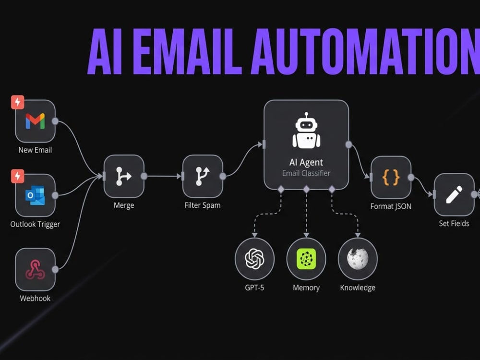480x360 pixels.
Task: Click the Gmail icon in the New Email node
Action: pyautogui.click(x=35, y=121)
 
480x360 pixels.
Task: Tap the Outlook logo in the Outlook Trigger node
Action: pyautogui.click(x=35, y=195)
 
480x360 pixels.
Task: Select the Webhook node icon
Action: pyautogui.click(x=35, y=270)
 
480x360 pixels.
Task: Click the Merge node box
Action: pyautogui.click(x=124, y=176)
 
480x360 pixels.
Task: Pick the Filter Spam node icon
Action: pyautogui.click(x=203, y=176)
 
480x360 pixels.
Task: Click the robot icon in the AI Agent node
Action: pyautogui.click(x=306, y=131)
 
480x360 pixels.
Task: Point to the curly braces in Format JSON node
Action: pyautogui.click(x=391, y=177)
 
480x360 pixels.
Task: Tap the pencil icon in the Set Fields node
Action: pyautogui.click(x=454, y=195)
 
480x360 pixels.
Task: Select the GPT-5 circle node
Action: pyautogui.click(x=255, y=259)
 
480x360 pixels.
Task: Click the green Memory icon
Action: pyautogui.click(x=306, y=259)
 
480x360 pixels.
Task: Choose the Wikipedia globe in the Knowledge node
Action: pyautogui.click(x=358, y=259)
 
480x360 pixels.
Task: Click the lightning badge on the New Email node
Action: pyautogui.click(x=18, y=102)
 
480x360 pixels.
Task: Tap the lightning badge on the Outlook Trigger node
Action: pyautogui.click(x=18, y=176)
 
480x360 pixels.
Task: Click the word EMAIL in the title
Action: pyautogui.click(x=187, y=51)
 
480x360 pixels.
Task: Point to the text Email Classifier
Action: pyautogui.click(x=306, y=173)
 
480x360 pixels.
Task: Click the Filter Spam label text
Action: pyautogui.click(x=203, y=205)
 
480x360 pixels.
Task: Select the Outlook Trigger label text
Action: pyautogui.click(x=35, y=224)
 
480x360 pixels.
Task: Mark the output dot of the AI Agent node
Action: pyautogui.click(x=348, y=144)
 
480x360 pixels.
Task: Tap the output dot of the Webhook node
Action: pyautogui.click(x=55, y=269)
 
